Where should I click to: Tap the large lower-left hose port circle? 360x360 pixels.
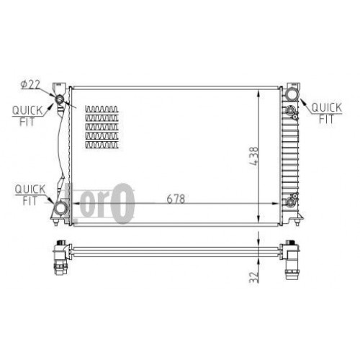coord(61,209)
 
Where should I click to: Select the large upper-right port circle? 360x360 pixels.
coord(292,95)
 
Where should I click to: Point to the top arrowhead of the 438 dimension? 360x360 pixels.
coord(258,91)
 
